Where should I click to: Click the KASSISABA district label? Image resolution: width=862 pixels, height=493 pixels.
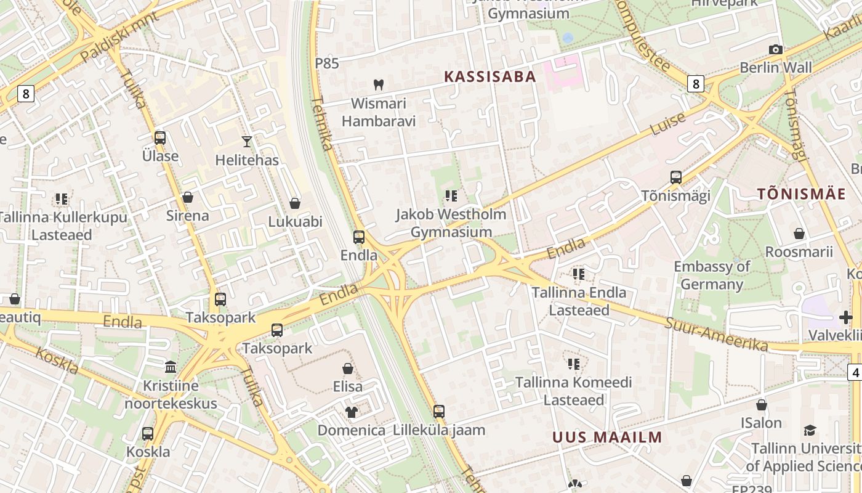tap(490, 76)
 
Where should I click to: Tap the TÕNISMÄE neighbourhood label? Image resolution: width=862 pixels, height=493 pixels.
tap(801, 194)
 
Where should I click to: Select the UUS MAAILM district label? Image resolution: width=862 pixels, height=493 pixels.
tap(607, 438)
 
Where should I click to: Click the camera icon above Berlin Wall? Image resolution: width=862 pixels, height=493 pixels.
tap(776, 50)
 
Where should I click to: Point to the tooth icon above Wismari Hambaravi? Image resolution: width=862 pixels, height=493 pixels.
tap(379, 84)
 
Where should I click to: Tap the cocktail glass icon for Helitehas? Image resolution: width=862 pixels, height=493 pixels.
tap(247, 142)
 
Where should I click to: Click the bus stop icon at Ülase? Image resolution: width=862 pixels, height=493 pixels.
tap(160, 137)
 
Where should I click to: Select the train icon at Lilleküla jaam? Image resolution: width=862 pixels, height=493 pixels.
tap(438, 411)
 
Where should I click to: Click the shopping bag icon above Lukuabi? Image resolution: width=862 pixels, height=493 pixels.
tap(295, 203)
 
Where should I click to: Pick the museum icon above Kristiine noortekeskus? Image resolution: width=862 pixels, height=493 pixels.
tap(171, 367)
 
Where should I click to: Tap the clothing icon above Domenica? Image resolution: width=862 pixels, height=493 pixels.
tap(351, 411)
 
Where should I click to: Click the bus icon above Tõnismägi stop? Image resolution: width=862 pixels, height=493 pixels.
tap(675, 177)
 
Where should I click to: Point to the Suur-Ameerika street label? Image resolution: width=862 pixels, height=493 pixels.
tap(715, 334)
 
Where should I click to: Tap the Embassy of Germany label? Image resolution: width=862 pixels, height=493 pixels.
tap(712, 275)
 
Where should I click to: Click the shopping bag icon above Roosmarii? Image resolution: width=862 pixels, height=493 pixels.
tap(799, 234)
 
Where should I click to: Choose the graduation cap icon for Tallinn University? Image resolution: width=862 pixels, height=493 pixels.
tap(810, 430)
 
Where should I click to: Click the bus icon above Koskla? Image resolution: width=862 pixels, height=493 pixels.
tap(148, 433)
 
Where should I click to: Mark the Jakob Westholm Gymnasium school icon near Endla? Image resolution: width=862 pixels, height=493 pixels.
tap(451, 196)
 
